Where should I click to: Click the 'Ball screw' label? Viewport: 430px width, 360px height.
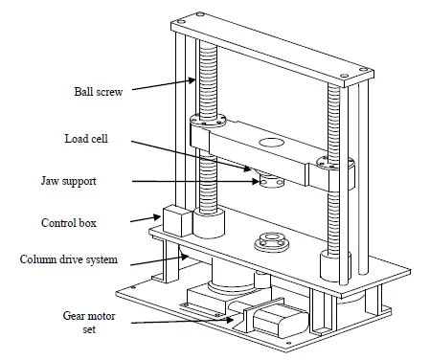click(99, 92)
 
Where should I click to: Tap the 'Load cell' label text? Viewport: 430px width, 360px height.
click(86, 139)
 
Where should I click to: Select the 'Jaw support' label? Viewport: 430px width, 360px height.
click(69, 181)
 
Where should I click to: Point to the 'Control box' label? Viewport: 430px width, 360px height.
click(69, 223)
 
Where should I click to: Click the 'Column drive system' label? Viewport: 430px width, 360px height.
click(69, 259)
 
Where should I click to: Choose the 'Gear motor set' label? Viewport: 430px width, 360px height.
click(89, 322)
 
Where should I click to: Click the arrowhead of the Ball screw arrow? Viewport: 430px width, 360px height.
click(192, 80)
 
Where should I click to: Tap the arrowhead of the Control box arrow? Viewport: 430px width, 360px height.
click(157, 217)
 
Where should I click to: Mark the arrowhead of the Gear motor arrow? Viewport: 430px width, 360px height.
click(230, 320)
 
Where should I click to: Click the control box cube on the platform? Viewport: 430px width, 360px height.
click(177, 221)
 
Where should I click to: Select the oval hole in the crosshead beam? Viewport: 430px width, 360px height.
click(271, 143)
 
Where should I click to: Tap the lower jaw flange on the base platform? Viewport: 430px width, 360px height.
click(272, 241)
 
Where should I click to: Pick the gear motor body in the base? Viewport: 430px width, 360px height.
click(281, 321)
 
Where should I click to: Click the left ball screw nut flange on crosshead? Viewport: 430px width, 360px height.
click(208, 121)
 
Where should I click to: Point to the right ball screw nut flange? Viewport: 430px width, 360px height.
click(335, 163)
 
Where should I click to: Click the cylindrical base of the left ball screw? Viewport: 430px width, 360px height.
click(209, 223)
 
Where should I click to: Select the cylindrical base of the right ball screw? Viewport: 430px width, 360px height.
click(335, 266)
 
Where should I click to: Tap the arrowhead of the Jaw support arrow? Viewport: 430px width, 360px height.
click(256, 182)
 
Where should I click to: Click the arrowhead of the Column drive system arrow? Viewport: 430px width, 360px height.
click(184, 257)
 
